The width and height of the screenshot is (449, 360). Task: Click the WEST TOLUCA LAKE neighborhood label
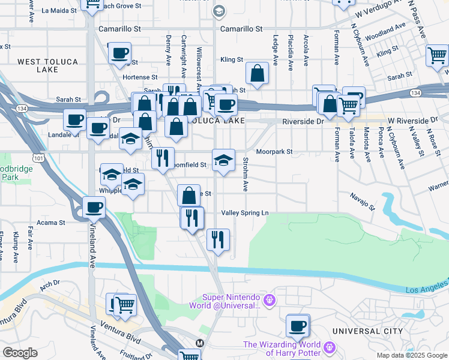pyautogui.click(x=38, y=65)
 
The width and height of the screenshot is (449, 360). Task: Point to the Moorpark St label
pyautogui.click(x=274, y=152)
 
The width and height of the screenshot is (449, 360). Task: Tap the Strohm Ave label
pyautogui.click(x=246, y=175)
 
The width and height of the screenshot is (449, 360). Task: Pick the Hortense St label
pyautogui.click(x=136, y=77)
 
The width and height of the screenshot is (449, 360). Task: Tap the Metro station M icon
pyautogui.click(x=200, y=343)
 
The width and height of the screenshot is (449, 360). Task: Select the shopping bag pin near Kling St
pyautogui.click(x=257, y=74)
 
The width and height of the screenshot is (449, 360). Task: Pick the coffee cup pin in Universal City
pyautogui.click(x=297, y=326)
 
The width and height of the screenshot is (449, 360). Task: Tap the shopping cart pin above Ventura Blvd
pyautogui.click(x=125, y=305)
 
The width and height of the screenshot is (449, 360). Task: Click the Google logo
pyautogui.click(x=20, y=353)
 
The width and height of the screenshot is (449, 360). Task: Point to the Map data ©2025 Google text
pyautogui.click(x=411, y=355)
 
